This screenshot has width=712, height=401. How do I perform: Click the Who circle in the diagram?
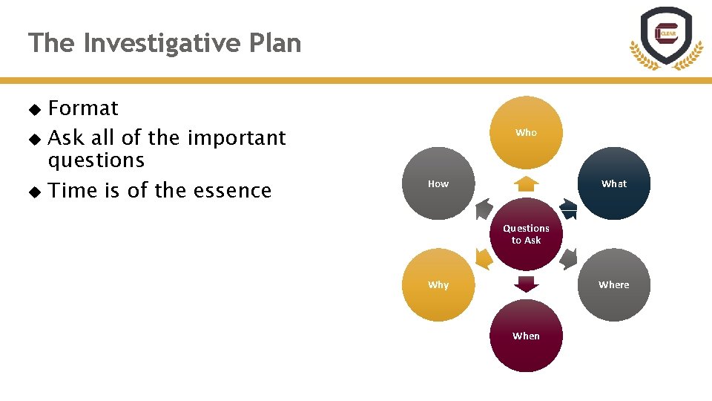526,132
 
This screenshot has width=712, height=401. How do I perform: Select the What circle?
613,183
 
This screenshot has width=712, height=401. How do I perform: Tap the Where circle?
613,284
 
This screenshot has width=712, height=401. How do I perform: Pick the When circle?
526,336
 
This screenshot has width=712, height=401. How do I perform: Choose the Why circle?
438,284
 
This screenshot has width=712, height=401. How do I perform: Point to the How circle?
438,183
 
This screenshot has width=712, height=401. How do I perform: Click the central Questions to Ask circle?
526,234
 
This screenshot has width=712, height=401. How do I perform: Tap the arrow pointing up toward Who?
526,184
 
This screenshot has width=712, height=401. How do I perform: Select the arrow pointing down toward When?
526,284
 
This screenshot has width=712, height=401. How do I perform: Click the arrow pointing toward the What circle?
568,209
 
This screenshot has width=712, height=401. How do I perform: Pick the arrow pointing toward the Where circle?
568,259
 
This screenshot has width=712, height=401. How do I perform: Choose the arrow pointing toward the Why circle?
483,259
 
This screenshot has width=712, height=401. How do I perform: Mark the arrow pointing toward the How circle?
483,209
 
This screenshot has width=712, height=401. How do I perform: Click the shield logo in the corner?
666,37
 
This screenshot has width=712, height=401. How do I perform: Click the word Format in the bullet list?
83,108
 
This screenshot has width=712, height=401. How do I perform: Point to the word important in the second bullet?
237,138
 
